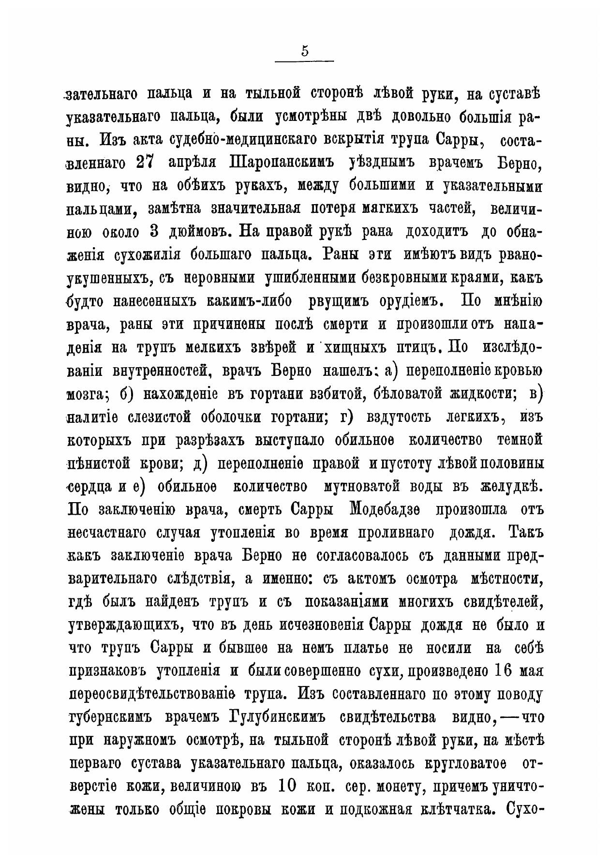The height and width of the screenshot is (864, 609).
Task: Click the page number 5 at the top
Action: [304, 51]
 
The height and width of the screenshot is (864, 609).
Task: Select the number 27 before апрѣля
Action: [145, 163]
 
